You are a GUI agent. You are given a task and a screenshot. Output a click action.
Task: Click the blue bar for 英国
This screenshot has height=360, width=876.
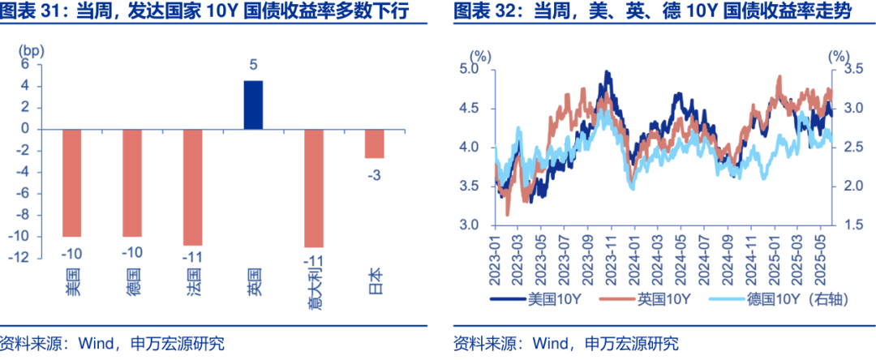(x=253, y=105)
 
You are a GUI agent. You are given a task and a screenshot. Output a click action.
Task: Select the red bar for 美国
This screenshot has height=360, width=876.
(x=73, y=182)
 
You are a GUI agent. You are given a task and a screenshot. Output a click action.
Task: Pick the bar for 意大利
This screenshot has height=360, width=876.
(x=314, y=187)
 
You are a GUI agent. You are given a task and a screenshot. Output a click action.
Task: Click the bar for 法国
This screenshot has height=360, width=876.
(x=193, y=186)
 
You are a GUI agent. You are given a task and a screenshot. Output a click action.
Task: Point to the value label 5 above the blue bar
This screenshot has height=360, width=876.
(x=253, y=65)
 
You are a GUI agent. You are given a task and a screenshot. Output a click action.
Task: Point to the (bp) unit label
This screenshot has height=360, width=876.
(x=31, y=49)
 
